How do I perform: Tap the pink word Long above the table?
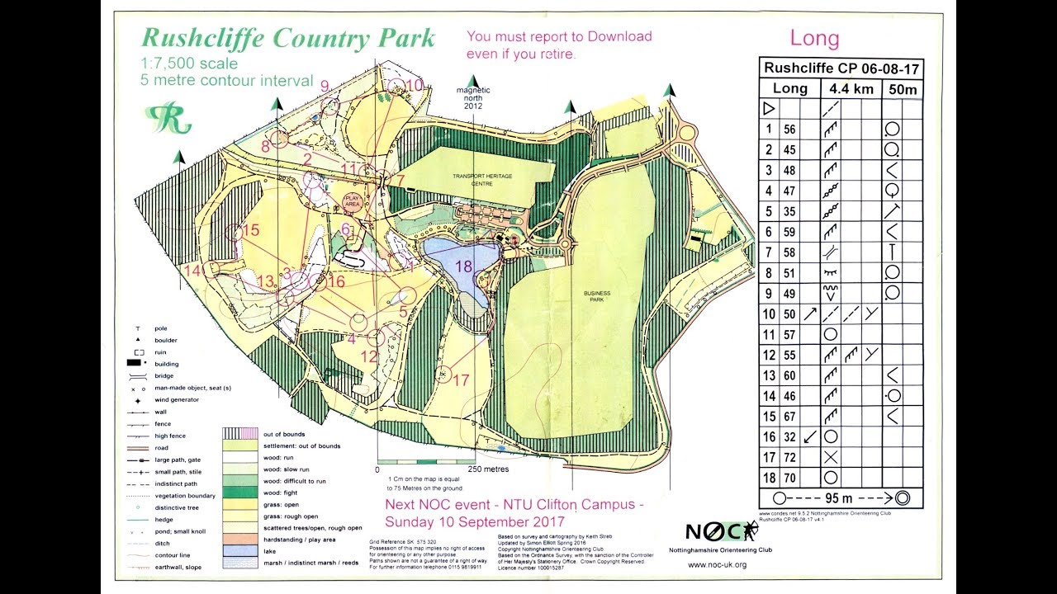pyautogui.click(x=814, y=38)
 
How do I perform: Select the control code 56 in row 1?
pyautogui.click(x=789, y=130)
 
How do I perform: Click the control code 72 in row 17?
pyautogui.click(x=789, y=457)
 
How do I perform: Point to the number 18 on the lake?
pyautogui.click(x=463, y=266)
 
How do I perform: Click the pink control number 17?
pyautogui.click(x=461, y=380)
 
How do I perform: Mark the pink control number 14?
pyautogui.click(x=193, y=270)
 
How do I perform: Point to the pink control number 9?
pyautogui.click(x=325, y=86)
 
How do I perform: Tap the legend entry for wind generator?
pyautogui.click(x=177, y=400)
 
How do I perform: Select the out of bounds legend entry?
pyautogui.click(x=283, y=434)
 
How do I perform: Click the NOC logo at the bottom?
pyautogui.click(x=716, y=531)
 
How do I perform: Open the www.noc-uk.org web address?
pyautogui.click(x=717, y=564)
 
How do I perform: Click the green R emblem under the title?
pyautogui.click(x=168, y=118)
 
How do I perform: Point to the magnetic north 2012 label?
pyautogui.click(x=474, y=97)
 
